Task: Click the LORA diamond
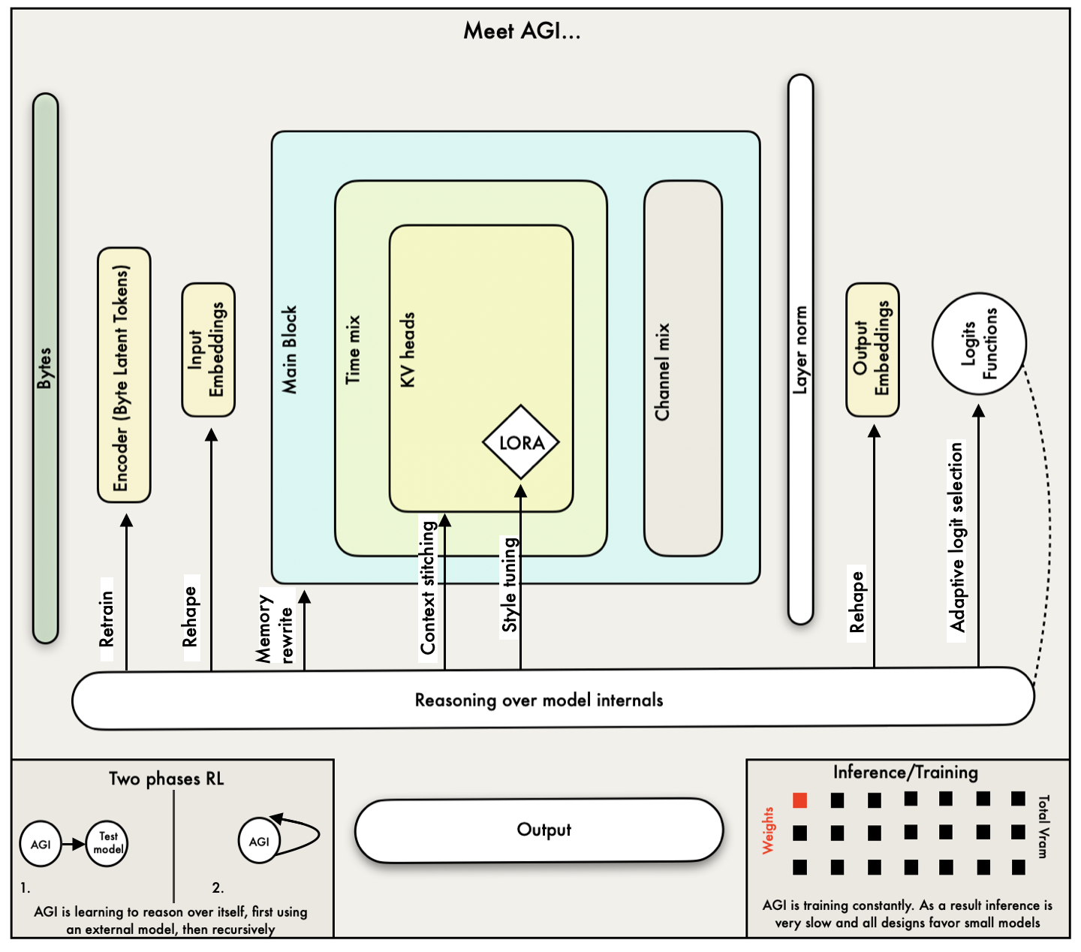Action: tap(521, 442)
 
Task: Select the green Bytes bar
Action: tap(46, 368)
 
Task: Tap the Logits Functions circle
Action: tap(979, 344)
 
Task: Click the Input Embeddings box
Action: tap(209, 350)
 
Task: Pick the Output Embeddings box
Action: tap(872, 350)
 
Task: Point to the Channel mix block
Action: tap(682, 369)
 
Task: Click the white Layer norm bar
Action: tap(801, 349)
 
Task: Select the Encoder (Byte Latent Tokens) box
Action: tap(124, 375)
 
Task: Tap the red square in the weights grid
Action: tap(800, 800)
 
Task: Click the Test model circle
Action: tap(107, 843)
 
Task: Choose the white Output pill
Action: tap(539, 830)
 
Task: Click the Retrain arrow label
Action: tap(107, 619)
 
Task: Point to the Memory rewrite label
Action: tap(274, 629)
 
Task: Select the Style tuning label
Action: tap(510, 586)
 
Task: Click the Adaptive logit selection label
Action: tap(956, 537)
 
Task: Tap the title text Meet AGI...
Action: tap(522, 31)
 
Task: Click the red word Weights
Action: tap(768, 830)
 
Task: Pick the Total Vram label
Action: tap(1043, 827)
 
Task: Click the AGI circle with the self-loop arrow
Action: tap(259, 842)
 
